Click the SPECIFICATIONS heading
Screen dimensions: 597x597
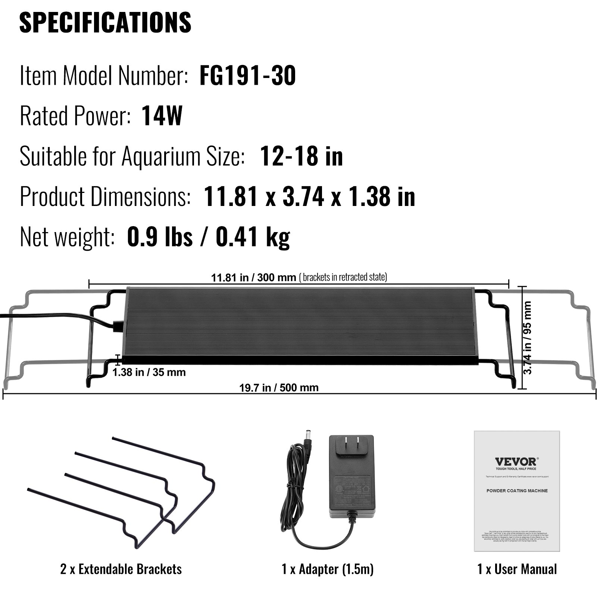105,22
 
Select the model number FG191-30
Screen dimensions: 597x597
248,76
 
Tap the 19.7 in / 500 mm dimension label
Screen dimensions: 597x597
279,388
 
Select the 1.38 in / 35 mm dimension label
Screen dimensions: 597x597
149,372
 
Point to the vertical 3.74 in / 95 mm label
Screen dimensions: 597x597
528,338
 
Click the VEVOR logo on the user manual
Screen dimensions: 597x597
517,462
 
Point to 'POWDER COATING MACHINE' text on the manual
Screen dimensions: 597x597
517,491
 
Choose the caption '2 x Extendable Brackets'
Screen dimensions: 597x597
121,569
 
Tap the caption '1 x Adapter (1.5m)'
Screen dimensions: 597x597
328,569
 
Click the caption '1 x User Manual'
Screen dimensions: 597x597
517,569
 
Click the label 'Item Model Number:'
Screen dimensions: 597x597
104,76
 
